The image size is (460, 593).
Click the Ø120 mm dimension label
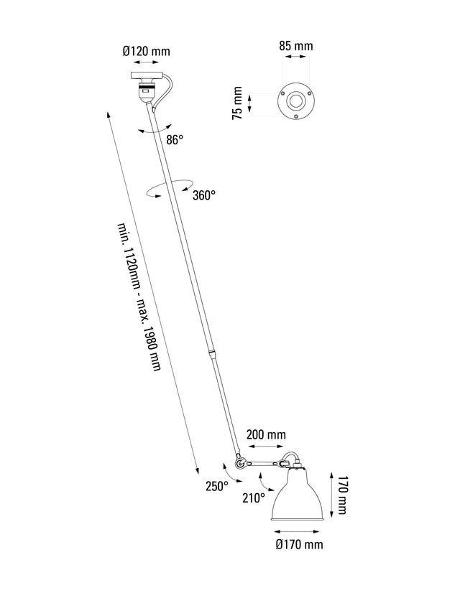coord(147,52)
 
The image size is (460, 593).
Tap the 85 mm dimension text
coord(295,46)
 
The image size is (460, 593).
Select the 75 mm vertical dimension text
coord(237,104)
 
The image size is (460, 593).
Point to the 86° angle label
coord(175,141)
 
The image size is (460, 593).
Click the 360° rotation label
coord(203,195)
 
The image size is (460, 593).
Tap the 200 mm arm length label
coord(266,435)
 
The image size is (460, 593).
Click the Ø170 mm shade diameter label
coord(300,545)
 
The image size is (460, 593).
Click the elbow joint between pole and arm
coord(240,464)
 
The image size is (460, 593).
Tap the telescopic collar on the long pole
coord(211,353)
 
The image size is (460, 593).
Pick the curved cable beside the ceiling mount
coord(167,90)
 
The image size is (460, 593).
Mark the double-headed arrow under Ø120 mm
coord(147,64)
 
